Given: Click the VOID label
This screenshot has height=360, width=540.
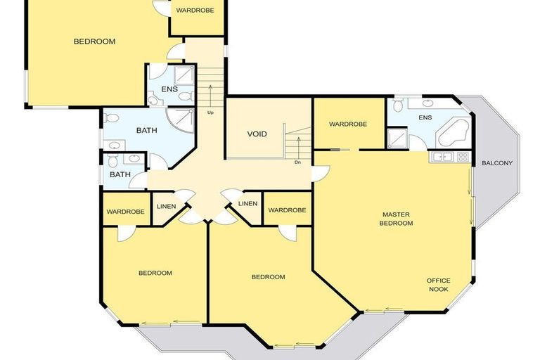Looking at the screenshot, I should pyautogui.click(x=257, y=134).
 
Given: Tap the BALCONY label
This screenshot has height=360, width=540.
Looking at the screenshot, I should pyautogui.click(x=497, y=164).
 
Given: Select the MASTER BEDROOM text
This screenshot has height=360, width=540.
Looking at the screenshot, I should pyautogui.click(x=397, y=219).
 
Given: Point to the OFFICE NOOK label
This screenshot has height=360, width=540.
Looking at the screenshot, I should pyautogui.click(x=439, y=285).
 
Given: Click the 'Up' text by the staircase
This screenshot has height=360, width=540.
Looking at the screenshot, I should pyautogui.click(x=210, y=112).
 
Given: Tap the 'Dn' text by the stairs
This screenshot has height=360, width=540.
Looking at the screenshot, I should pyautogui.click(x=298, y=162).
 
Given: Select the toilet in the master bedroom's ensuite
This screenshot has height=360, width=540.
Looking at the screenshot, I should pyautogui.click(x=397, y=105).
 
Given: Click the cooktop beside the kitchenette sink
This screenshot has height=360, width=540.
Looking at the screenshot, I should pyautogui.click(x=462, y=156).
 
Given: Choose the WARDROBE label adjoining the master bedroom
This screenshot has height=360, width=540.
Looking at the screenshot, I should pyautogui.click(x=348, y=124).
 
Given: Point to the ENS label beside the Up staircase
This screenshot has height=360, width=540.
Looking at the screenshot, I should pyautogui.click(x=169, y=89).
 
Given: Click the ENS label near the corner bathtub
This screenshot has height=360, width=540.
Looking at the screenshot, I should pyautogui.click(x=425, y=117).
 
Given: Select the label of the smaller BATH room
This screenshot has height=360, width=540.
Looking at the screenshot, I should pyautogui.click(x=120, y=175).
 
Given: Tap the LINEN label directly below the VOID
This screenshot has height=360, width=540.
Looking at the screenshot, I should pyautogui.click(x=247, y=204).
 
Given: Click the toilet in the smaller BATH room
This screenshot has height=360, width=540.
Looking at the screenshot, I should pyautogui.click(x=113, y=162).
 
